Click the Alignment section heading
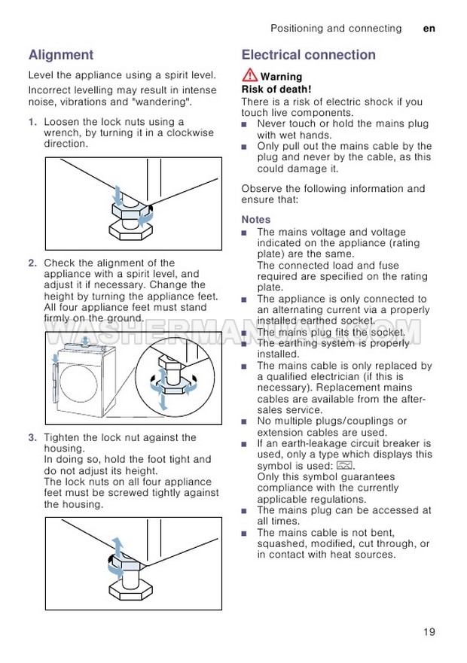tap(61, 55)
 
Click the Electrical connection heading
tap(308, 55)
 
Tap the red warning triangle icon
tap(249, 75)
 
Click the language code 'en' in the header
tap(429, 29)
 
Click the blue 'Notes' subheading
tap(256, 219)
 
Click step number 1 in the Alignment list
tap(32, 122)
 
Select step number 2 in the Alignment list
tap(32, 263)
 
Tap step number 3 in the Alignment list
tap(32, 437)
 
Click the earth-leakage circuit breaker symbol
tap(345, 466)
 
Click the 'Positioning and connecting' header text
tap(336, 29)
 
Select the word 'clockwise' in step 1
tap(189, 132)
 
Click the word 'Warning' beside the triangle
tap(281, 77)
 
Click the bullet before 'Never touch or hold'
tap(245, 124)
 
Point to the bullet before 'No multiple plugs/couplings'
tap(245, 421)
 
